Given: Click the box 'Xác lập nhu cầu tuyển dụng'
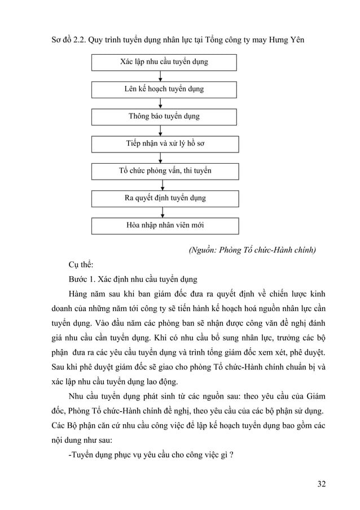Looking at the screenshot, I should point(164,62).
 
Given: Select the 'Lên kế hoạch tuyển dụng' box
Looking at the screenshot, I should point(164,89).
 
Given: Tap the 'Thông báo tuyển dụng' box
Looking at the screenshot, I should point(164,116).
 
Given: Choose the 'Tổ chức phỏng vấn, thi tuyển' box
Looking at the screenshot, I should point(165,171).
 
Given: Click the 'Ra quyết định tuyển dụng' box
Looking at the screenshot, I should point(165,198).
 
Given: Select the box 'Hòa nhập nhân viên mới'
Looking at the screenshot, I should point(165,225).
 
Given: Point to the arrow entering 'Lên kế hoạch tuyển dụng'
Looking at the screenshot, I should point(161,76).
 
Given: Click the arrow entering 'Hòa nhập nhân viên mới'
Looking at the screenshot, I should point(163,212).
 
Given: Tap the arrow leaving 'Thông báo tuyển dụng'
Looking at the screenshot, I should point(161,130).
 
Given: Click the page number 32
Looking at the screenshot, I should point(321,484).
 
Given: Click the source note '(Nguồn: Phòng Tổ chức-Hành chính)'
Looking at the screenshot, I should point(252,250).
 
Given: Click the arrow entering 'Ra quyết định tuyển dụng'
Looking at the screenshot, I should point(163,185).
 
